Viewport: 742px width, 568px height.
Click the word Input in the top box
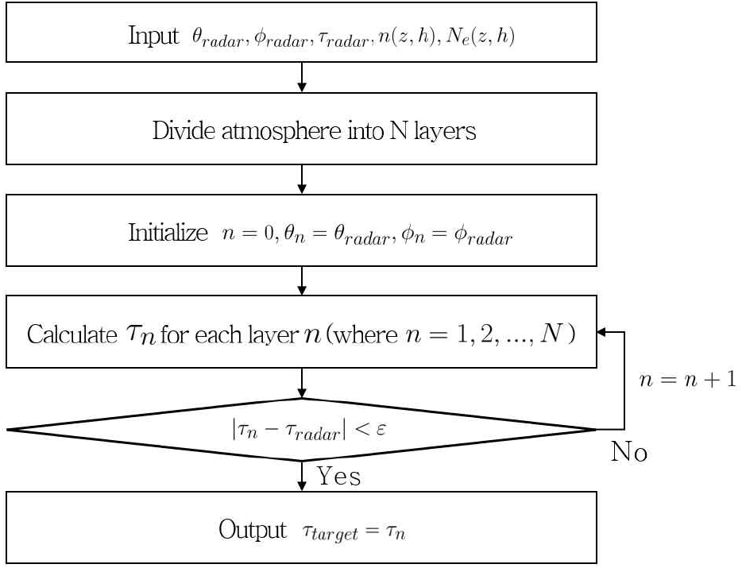[x=153, y=37]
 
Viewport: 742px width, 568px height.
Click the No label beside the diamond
[x=628, y=453]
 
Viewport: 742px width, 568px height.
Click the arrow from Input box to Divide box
[x=302, y=77]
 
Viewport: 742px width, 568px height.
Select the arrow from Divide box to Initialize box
[x=302, y=180]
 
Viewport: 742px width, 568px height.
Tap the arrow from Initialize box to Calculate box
[x=302, y=280]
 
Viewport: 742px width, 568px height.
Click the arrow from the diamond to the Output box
[x=302, y=476]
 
